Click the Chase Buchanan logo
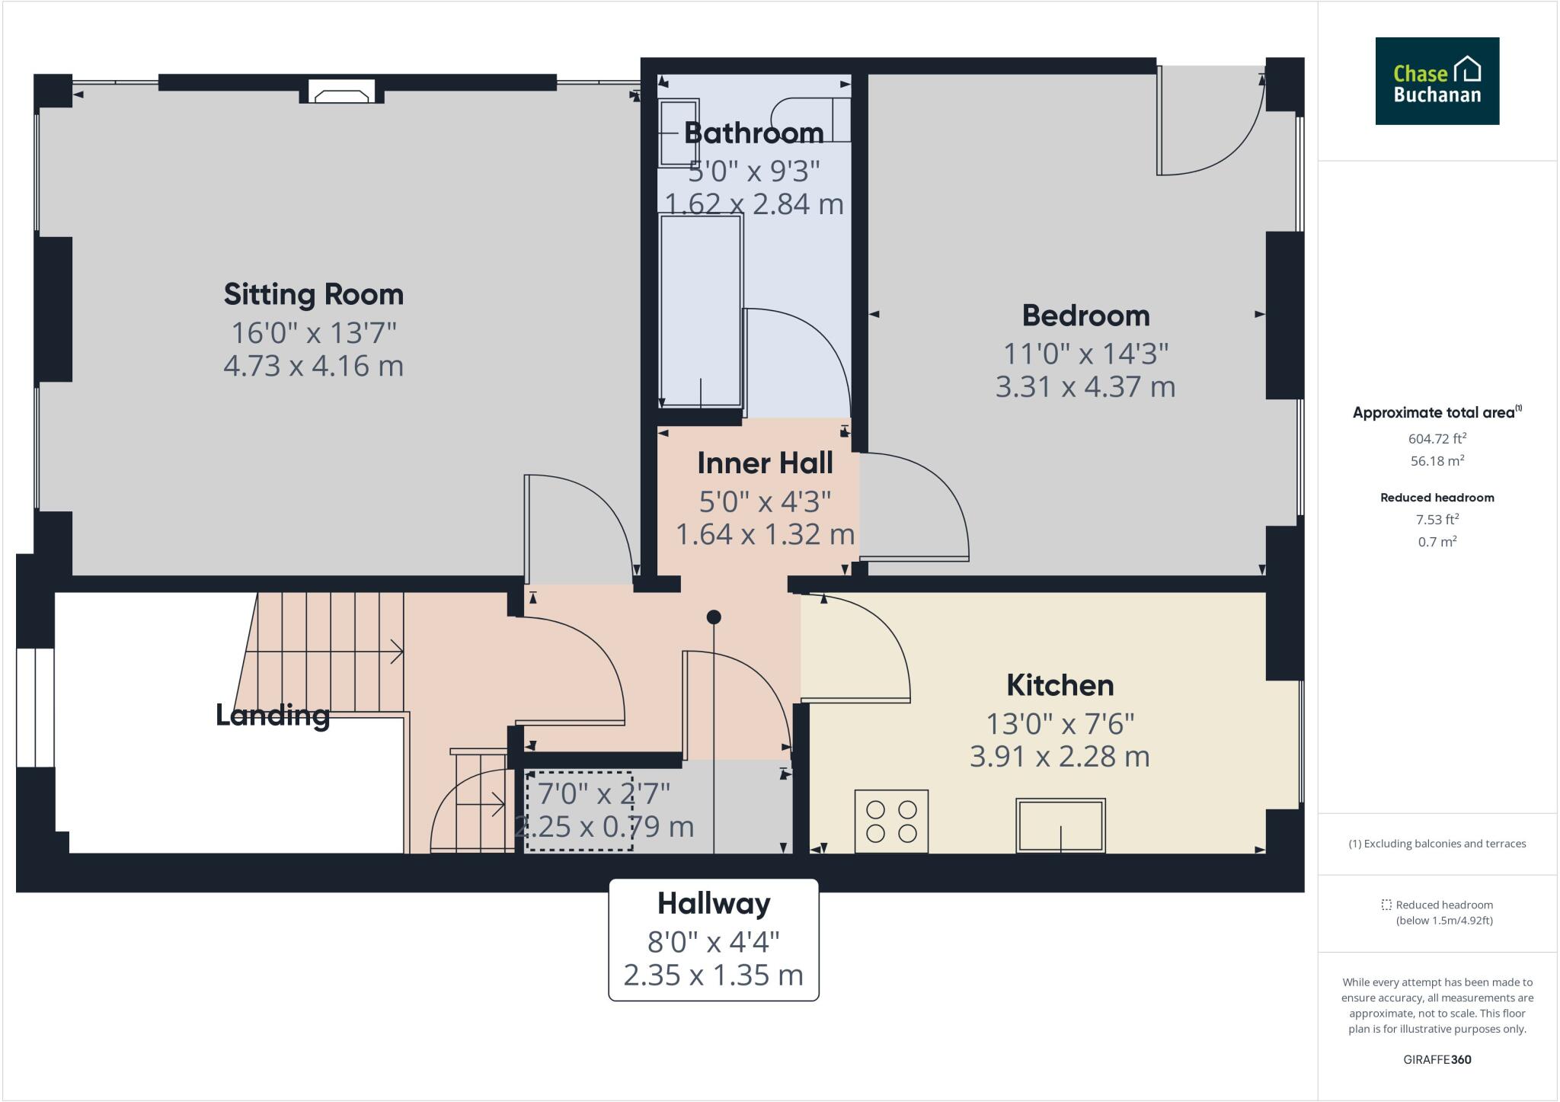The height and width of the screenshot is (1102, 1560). (x=1437, y=81)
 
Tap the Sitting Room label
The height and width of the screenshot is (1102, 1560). (x=313, y=294)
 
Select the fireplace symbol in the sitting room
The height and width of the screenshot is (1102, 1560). (x=341, y=95)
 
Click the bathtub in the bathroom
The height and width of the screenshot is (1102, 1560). (x=700, y=311)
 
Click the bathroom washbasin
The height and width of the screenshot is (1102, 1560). (x=677, y=132)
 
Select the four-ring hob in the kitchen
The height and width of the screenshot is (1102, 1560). (x=891, y=821)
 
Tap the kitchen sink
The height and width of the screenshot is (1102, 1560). (x=1060, y=825)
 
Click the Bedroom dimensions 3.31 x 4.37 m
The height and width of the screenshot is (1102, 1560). (x=1085, y=387)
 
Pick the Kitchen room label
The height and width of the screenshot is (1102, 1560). (x=1060, y=685)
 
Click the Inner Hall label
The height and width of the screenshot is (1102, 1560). (x=765, y=463)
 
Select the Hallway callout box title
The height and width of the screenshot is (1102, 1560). (x=714, y=904)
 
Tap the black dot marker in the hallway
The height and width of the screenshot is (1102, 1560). (x=714, y=617)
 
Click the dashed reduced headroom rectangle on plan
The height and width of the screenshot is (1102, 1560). (x=579, y=811)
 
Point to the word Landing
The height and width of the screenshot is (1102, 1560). (x=272, y=715)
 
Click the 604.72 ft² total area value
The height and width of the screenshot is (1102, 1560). (x=1437, y=439)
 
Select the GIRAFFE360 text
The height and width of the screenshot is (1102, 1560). (x=1437, y=1059)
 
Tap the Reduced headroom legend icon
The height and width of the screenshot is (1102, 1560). (x=1386, y=905)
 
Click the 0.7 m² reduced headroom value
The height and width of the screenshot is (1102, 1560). (x=1437, y=542)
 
